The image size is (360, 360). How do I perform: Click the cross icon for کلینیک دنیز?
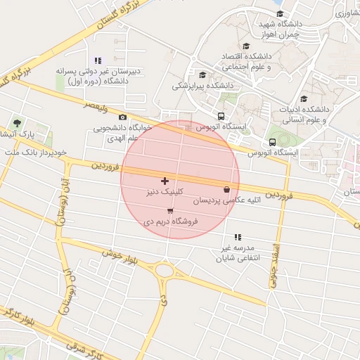[x=165, y=181]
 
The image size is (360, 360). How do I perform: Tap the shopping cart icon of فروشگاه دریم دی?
[x=170, y=211]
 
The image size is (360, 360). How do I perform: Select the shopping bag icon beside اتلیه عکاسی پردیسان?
[x=226, y=189]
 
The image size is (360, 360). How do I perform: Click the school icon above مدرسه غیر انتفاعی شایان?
[x=238, y=237]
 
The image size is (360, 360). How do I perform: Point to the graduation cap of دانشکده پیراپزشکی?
[x=203, y=75]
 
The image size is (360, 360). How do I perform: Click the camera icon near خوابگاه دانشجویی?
[x=123, y=117]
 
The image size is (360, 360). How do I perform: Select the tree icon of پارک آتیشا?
[x=17, y=124]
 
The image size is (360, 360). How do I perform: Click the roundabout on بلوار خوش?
[x=165, y=269]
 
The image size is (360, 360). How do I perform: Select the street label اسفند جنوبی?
[x=275, y=264]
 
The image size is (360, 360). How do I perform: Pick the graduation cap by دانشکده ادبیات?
[x=304, y=98]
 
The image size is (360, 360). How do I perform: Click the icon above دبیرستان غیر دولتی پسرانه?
[x=97, y=60]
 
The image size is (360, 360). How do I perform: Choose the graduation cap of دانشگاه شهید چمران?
[x=279, y=13]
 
